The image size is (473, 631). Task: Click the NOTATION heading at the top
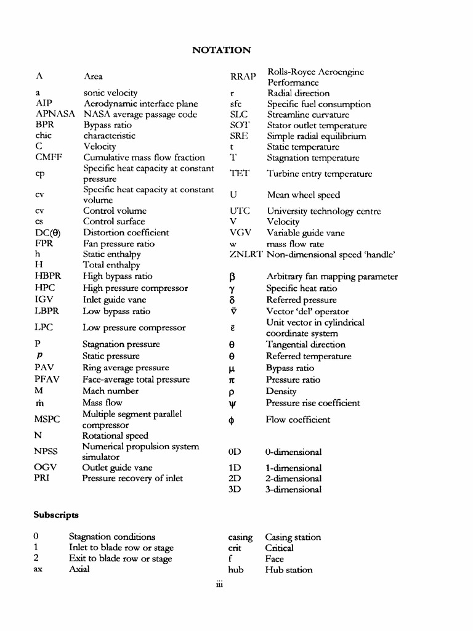pos(222,50)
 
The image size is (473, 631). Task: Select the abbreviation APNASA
pos(55,114)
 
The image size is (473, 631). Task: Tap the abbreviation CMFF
pos(50,158)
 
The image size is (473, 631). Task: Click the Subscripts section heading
pos(56,513)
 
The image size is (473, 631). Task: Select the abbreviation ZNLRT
pos(245,254)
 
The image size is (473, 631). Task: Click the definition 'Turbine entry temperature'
pos(319,174)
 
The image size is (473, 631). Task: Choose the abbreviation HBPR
pos(49,276)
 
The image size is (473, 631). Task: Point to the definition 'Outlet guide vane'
pos(118,468)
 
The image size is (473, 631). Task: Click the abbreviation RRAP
pos(242,77)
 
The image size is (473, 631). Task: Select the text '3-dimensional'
pos(294,490)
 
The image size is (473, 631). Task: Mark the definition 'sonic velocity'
pos(110,92)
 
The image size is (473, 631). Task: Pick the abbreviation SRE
pos(239,136)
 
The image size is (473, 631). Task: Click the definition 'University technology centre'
pos(324,211)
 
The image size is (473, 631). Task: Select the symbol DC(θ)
pos(51,233)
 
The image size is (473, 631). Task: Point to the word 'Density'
pos(281,391)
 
